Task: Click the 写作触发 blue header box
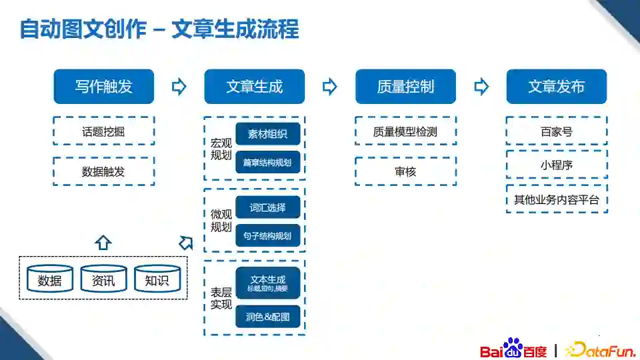[103, 87]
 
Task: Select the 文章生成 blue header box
[254, 87]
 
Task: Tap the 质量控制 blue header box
[405, 87]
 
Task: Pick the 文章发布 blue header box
[557, 87]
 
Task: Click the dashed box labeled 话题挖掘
[103, 131]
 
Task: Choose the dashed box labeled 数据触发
[103, 171]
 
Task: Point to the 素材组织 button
[268, 134]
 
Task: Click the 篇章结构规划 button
[268, 162]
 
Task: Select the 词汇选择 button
[268, 207]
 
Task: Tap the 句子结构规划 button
[268, 235]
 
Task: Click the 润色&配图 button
[268, 317]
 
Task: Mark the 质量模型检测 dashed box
[405, 131]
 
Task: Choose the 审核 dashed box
[405, 171]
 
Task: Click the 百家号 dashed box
[557, 131]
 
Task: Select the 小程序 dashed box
[557, 164]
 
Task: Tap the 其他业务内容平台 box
[557, 199]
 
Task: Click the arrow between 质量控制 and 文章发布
[481, 87]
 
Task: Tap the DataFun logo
[596, 349]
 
